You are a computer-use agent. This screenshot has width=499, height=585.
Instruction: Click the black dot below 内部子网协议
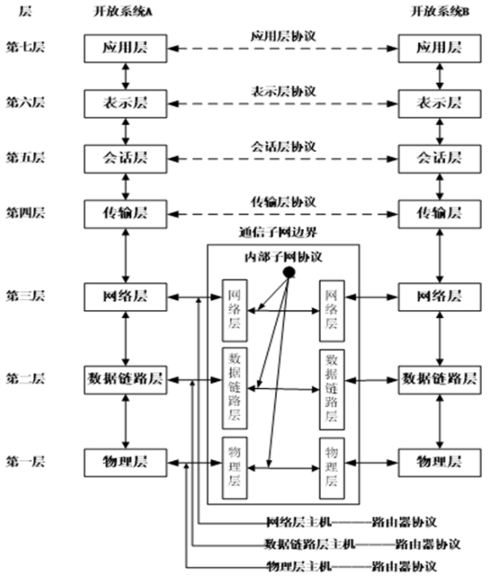point(290,270)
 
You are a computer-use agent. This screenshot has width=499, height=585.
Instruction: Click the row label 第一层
point(24,462)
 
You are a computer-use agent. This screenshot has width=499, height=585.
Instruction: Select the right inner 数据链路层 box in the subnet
point(331,386)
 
